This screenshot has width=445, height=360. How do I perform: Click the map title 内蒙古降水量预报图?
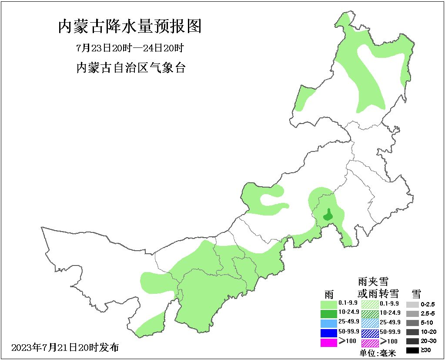click(130, 27)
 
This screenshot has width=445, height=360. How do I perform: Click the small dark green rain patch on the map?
click(329, 214)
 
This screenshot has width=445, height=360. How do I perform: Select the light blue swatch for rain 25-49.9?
click(328, 323)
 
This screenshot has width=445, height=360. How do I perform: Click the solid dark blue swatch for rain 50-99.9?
click(328, 333)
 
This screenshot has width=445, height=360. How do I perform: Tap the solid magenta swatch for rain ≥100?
click(328, 343)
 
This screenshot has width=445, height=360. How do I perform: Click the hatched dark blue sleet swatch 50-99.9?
click(370, 333)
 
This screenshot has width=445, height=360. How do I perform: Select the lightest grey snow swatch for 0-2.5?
click(412, 304)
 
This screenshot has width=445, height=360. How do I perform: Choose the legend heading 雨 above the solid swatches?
click(329, 293)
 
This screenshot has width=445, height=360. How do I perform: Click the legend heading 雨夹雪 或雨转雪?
click(373, 287)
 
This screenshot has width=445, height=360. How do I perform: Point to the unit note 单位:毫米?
click(378, 353)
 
